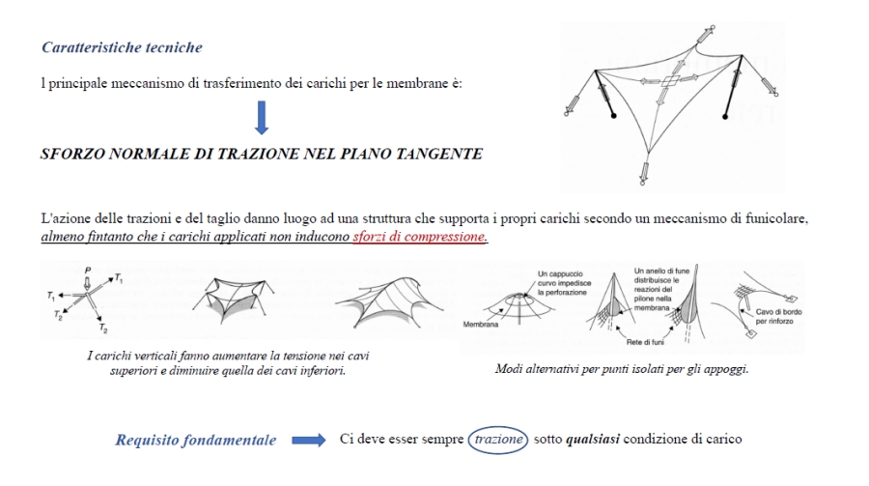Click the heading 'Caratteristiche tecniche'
122,47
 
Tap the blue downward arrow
262,117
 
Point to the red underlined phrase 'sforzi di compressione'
420,237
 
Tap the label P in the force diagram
88,272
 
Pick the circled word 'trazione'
498,440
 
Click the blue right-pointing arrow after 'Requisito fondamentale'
308,441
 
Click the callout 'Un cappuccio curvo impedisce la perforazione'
560,281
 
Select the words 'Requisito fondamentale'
196,441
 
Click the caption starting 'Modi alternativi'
622,368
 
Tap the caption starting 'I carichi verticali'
227,363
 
